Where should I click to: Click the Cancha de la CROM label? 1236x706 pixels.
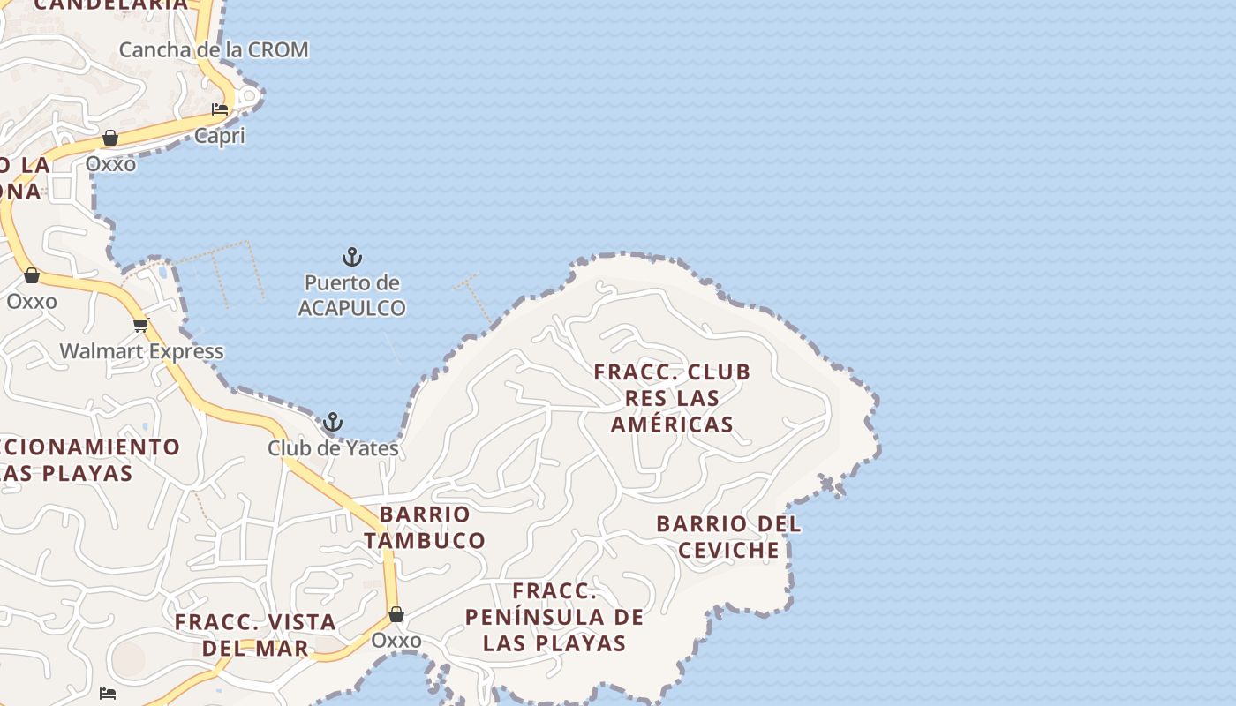(214, 49)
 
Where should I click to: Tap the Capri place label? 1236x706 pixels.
(220, 136)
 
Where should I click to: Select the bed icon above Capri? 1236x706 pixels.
(220, 109)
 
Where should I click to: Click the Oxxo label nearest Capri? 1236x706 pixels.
(110, 163)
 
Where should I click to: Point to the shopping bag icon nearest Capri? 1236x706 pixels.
(110, 138)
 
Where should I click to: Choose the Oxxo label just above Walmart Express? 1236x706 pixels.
(32, 301)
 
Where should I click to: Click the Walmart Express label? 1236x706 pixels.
(141, 351)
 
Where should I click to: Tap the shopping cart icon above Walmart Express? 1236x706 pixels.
(141, 324)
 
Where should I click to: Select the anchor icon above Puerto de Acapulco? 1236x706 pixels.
(352, 258)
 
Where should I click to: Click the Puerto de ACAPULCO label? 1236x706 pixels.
(351, 296)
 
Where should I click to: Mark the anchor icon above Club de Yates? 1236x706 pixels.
(333, 422)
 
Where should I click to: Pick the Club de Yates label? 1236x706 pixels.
(333, 448)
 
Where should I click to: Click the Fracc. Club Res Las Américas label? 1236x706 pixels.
(672, 398)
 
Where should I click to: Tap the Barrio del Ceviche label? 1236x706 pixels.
(728, 537)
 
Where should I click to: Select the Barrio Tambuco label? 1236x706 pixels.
(425, 527)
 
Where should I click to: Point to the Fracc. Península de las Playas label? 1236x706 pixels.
(554, 617)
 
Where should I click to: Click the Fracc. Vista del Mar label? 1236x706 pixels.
(255, 635)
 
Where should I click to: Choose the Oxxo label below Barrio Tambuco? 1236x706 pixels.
(396, 640)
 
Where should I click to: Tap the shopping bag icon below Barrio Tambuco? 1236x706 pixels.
(396, 614)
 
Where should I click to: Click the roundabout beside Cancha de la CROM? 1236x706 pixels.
(250, 95)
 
